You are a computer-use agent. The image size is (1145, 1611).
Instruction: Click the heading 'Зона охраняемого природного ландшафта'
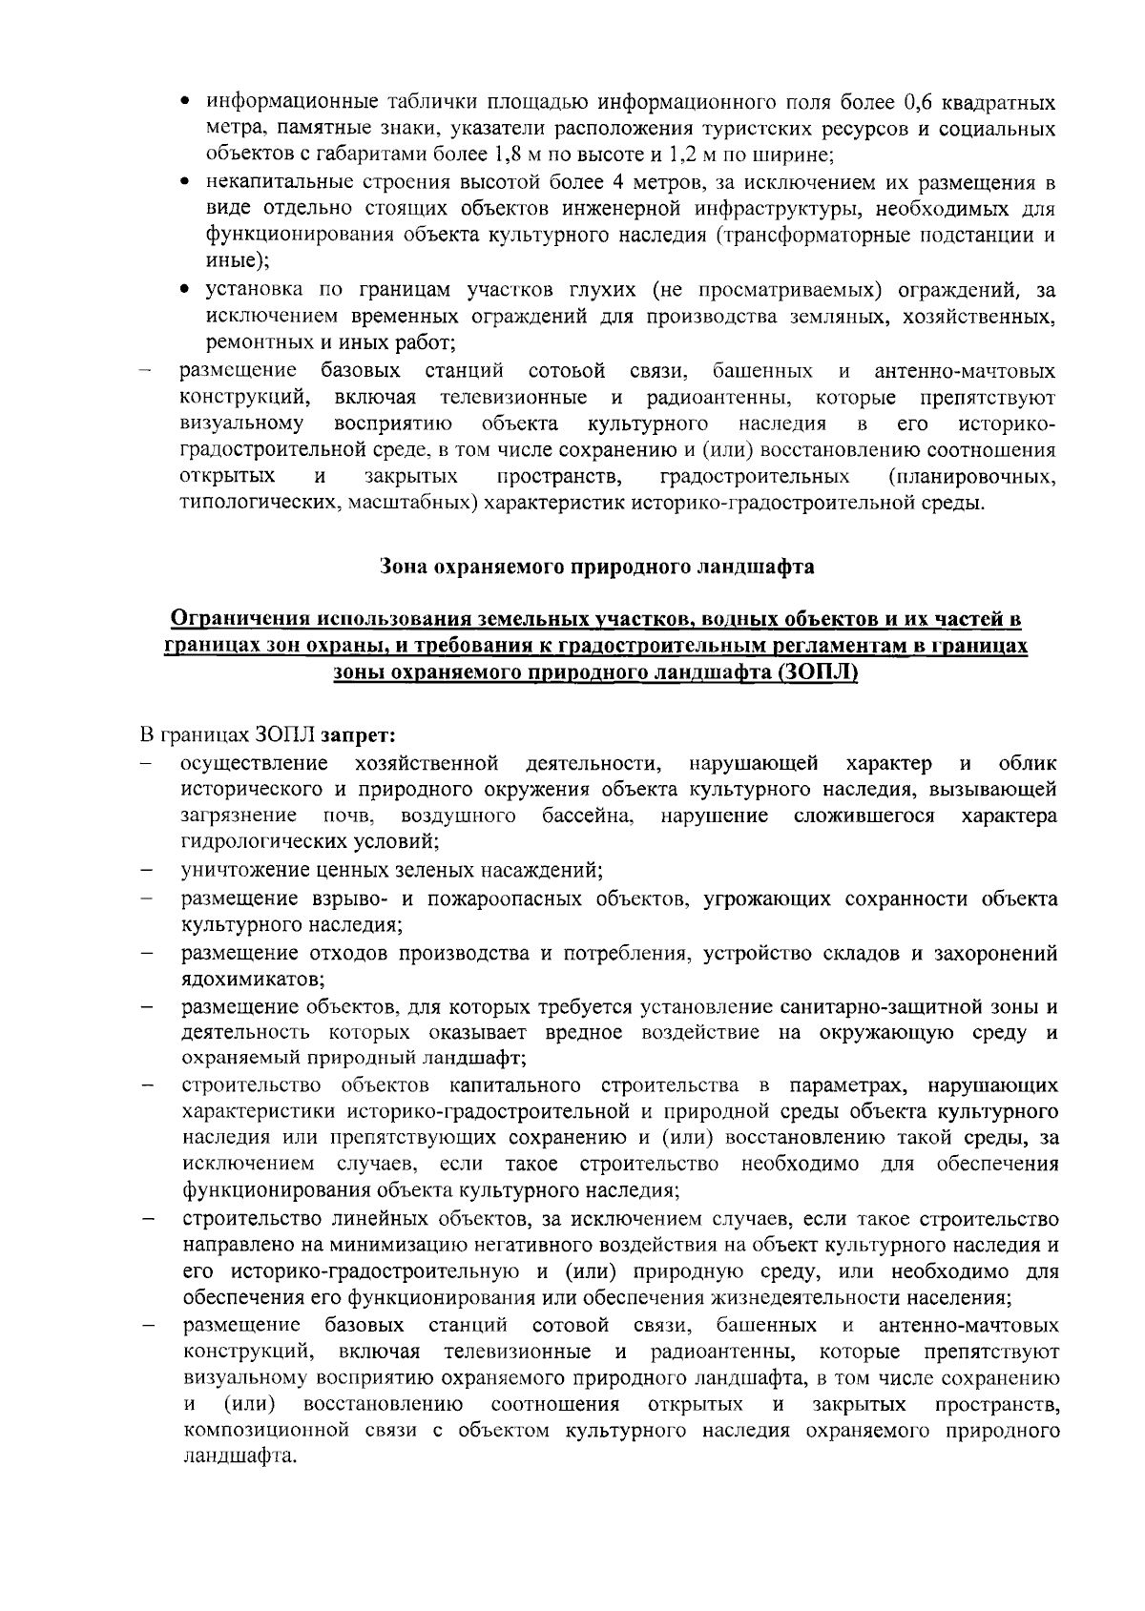coord(596,567)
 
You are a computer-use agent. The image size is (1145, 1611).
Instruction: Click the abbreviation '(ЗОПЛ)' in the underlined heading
coord(817,673)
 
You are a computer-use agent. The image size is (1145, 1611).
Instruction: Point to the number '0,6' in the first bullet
coord(922,102)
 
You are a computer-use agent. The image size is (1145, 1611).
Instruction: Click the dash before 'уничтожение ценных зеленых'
coord(147,871)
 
